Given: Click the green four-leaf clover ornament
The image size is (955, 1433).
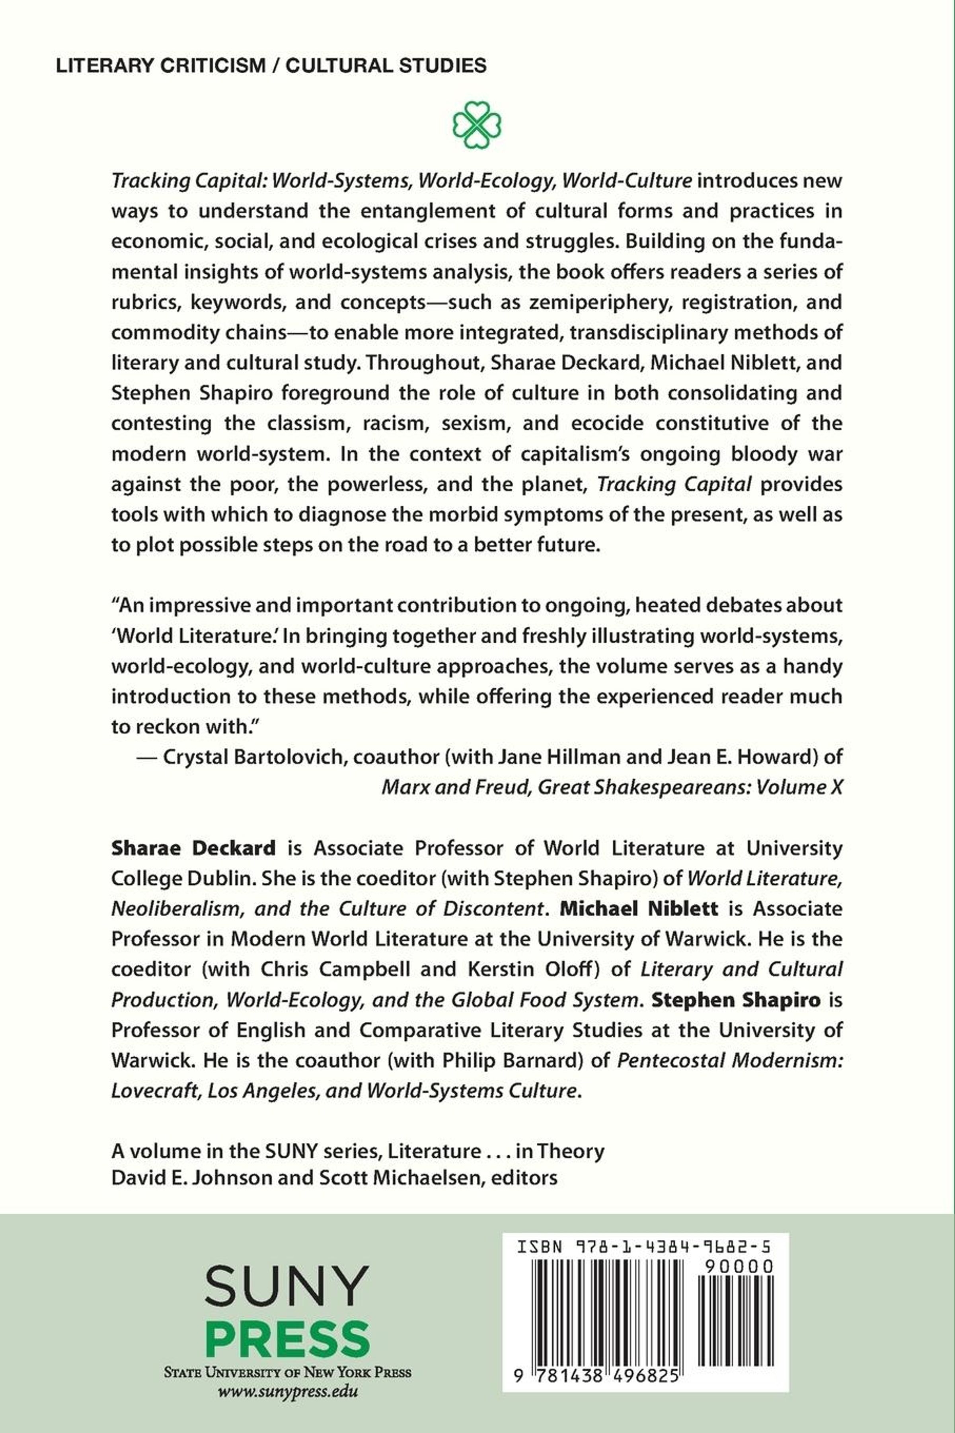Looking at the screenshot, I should coord(477,124).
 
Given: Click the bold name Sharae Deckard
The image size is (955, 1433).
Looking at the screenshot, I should coord(193,848).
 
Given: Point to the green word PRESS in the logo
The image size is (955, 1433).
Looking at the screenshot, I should coord(287,1340).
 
